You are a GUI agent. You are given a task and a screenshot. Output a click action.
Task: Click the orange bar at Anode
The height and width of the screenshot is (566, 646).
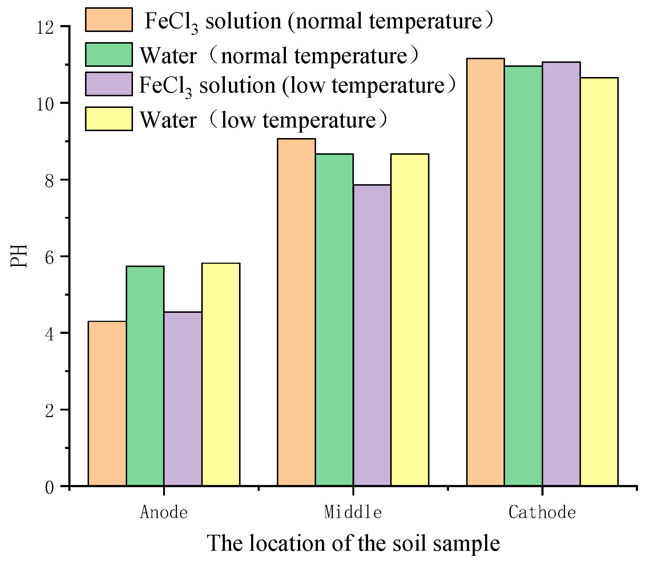pos(107,403)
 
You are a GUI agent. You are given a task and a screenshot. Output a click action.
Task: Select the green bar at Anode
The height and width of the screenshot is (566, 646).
pos(145,376)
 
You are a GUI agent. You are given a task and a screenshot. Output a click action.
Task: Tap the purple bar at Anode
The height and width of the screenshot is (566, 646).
pos(183,399)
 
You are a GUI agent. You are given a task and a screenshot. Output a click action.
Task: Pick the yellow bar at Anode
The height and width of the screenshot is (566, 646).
pos(221,374)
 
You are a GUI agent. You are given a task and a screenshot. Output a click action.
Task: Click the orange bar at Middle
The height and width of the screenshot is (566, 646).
pos(296,312)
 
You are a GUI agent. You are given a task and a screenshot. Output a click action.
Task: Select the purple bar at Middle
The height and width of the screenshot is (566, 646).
pos(372,335)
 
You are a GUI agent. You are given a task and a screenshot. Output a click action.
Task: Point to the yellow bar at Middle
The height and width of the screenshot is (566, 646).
pos(409,320)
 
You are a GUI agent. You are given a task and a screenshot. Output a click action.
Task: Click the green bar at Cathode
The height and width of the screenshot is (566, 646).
pos(523,276)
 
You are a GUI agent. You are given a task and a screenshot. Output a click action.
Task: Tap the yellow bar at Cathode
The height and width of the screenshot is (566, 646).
pos(599,282)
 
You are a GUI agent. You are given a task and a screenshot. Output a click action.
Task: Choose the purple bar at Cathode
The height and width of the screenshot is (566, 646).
pos(561,274)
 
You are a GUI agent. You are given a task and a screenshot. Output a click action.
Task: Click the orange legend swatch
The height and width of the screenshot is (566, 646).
pos(109,20)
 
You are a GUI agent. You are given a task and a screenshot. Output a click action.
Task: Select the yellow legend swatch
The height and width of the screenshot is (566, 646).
pos(109,119)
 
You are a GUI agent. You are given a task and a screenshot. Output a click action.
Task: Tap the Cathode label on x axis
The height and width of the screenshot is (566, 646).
pos(542,513)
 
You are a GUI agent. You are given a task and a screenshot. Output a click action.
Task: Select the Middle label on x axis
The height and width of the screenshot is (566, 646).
pos(353,513)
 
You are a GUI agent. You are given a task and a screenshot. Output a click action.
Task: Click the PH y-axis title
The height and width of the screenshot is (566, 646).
pos(19,256)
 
